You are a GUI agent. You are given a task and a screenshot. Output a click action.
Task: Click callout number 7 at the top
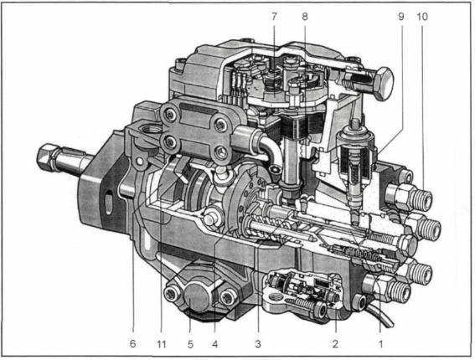click(x=274, y=17)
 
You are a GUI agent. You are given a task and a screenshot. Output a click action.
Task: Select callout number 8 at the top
click(x=305, y=17)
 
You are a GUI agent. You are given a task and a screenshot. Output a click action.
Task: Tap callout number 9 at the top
click(x=401, y=17)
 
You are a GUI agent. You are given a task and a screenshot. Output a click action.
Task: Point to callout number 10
click(x=422, y=17)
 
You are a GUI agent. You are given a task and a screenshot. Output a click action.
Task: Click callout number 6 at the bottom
click(x=132, y=344)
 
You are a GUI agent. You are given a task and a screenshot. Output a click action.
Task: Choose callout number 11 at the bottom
click(x=161, y=344)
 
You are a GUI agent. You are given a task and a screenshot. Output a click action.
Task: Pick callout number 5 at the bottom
click(x=190, y=344)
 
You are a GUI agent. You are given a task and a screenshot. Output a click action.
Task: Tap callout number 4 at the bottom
click(x=214, y=344)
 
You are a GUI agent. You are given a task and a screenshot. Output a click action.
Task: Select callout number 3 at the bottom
click(x=258, y=344)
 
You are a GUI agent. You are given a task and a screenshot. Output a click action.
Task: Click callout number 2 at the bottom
click(x=335, y=344)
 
